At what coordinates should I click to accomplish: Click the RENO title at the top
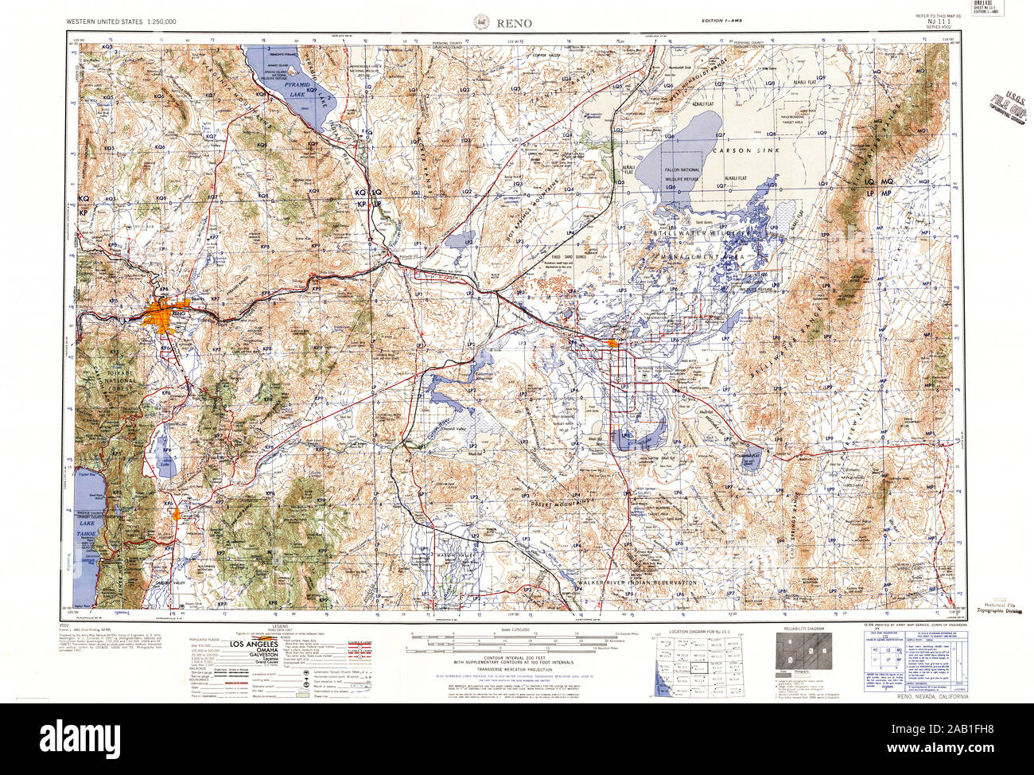(x=515, y=22)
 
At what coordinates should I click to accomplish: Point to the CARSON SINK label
(x=739, y=150)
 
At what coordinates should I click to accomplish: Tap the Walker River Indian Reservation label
(x=637, y=583)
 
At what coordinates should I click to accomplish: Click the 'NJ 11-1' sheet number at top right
(x=939, y=23)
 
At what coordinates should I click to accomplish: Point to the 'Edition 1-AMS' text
(x=721, y=21)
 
